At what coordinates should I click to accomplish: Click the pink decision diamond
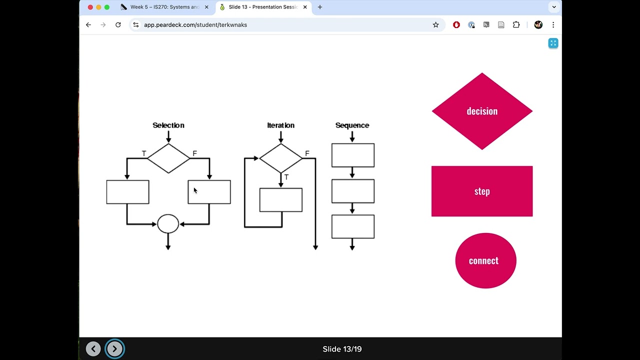[482, 111]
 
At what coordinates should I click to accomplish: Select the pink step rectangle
[482, 191]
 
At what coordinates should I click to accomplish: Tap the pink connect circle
[485, 260]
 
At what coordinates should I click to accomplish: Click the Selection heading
[168, 125]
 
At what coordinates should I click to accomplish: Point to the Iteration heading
[280, 125]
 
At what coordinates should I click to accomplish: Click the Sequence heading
[352, 125]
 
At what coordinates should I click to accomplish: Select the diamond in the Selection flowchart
[168, 158]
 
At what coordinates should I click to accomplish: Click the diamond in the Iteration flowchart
[280, 158]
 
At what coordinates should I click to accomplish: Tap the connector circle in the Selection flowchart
[168, 224]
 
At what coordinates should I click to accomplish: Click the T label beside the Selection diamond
[144, 153]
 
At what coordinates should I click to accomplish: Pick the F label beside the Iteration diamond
[307, 153]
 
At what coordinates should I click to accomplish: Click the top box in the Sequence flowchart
[353, 155]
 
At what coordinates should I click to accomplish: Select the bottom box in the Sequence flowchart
[353, 226]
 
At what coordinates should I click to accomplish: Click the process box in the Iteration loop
[281, 200]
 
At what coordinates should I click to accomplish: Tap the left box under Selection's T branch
[127, 192]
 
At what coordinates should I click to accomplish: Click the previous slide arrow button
[93, 349]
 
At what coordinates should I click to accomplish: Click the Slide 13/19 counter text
[342, 349]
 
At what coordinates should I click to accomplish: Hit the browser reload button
[118, 24]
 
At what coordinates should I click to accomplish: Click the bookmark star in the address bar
[435, 24]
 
